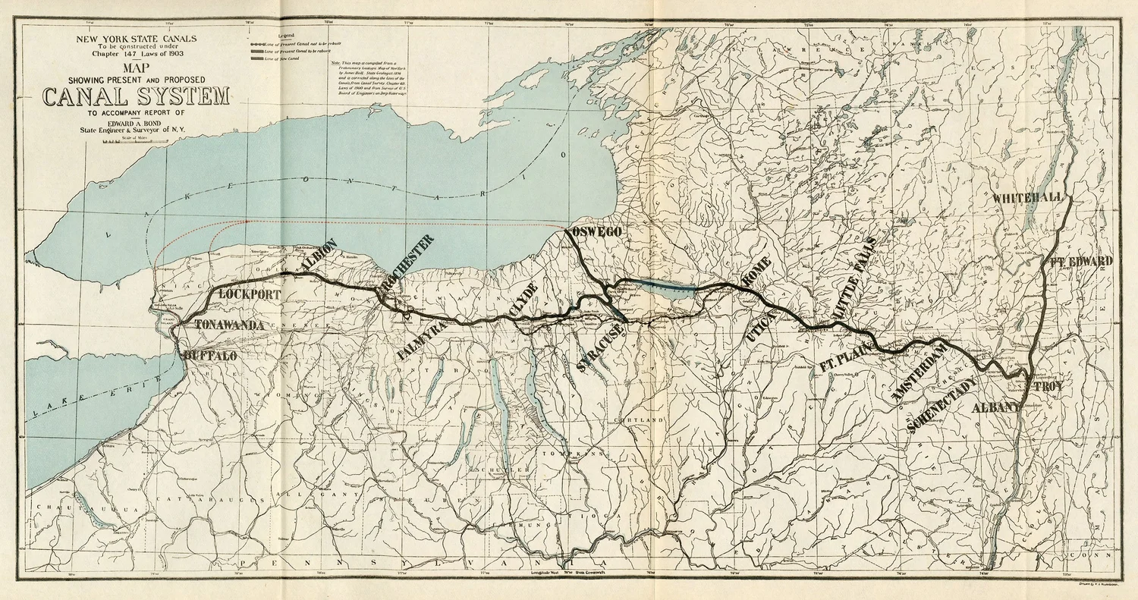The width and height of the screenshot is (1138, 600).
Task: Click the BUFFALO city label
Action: tap(210, 356)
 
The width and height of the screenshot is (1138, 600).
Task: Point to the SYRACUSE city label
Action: tap(599, 347)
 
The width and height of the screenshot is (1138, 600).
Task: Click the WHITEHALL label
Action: tap(1028, 198)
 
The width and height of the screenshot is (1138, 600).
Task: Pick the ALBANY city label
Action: tap(997, 408)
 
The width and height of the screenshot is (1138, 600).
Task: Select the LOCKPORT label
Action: tap(249, 294)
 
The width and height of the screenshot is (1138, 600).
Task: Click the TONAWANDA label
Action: tap(229, 325)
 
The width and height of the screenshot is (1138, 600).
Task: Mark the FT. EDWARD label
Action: tap(1081, 262)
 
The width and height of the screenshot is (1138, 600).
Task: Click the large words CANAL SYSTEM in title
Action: tap(136, 97)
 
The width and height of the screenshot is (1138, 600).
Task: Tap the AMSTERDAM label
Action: tap(920, 372)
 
